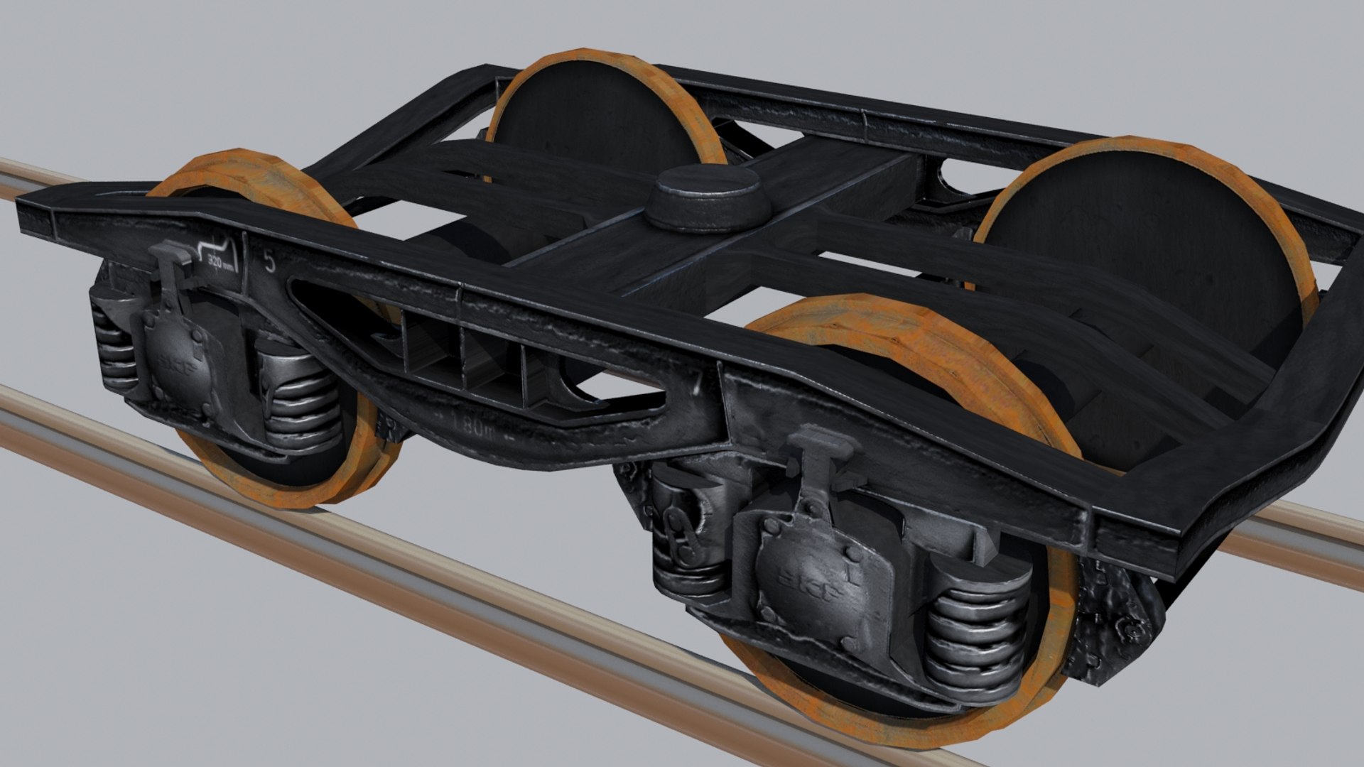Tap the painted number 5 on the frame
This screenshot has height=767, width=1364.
click(x=269, y=262)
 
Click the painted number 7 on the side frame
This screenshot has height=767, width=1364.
click(x=697, y=383)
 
